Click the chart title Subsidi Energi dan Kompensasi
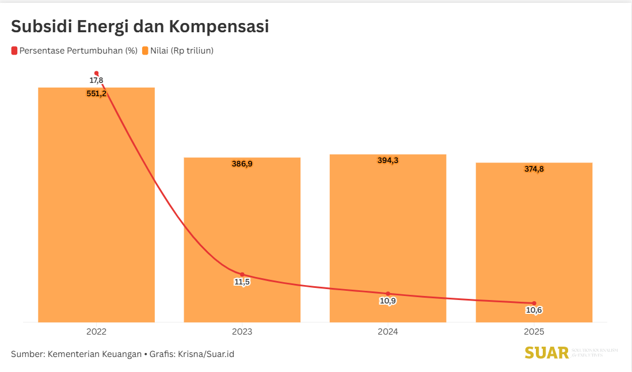pos(140,26)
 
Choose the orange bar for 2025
pos(534,242)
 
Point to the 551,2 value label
pos(96,94)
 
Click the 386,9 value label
pos(242,164)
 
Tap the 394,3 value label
pos(388,161)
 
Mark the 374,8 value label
pos(534,169)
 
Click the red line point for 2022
pos(96,73)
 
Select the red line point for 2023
pos(242,275)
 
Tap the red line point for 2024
pos(388,294)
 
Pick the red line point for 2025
pos(534,303)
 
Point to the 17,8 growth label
pos(96,81)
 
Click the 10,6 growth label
pos(534,310)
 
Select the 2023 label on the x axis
pos(242,332)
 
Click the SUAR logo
pos(547,352)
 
